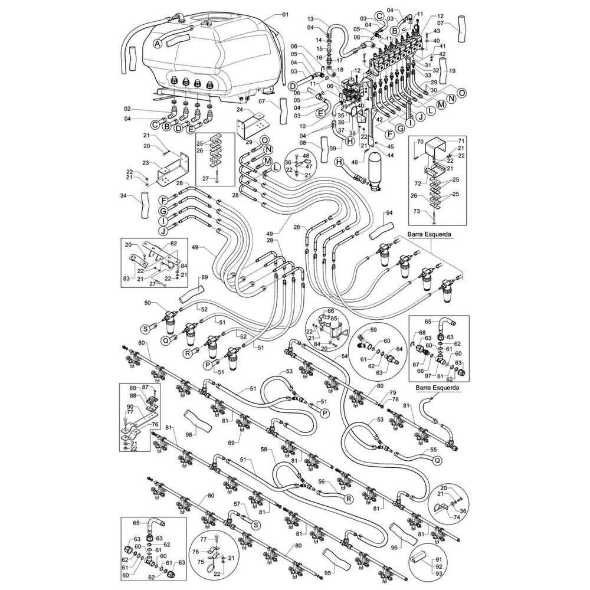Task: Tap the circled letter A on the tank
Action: [x=158, y=44]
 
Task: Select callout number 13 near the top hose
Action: [x=310, y=19]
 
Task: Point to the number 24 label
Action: [x=240, y=110]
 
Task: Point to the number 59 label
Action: [x=373, y=329]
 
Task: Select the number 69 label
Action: [x=232, y=442]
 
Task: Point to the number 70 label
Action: [x=421, y=142]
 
